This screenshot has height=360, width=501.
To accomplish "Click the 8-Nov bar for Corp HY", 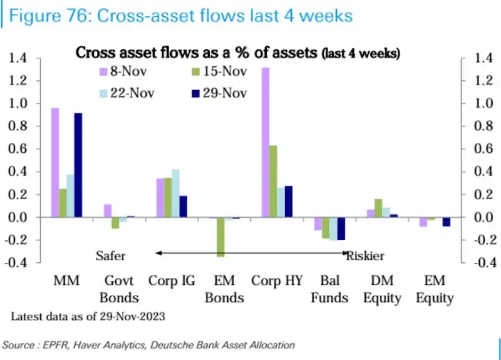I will tap(266, 143).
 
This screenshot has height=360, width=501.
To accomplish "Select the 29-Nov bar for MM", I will tap(78, 165).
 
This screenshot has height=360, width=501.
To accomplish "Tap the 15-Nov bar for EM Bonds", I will tap(221, 237).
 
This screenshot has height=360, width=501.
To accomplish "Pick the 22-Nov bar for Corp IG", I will tap(175, 193).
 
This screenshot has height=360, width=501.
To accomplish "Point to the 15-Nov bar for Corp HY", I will tap(274, 182).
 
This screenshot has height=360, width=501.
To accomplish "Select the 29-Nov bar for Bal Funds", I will tap(341, 229).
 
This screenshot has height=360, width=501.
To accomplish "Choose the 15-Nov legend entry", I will tap(220, 71).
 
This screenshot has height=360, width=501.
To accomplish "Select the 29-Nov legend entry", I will tap(220, 93).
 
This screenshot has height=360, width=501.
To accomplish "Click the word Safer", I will tap(110, 255).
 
